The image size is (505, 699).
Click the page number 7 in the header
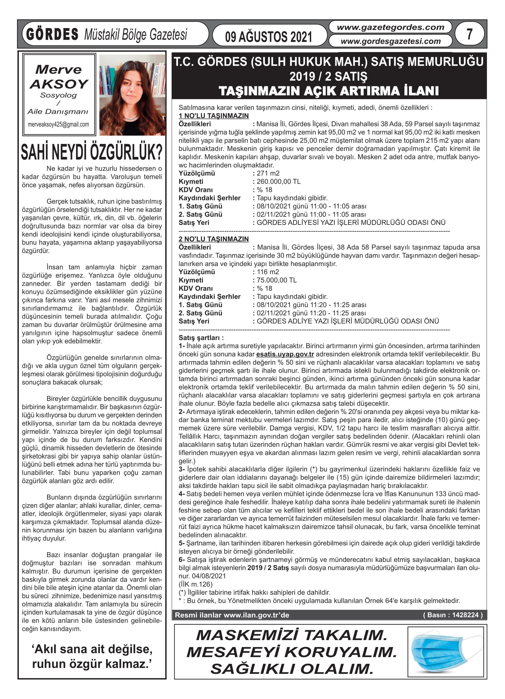[x=469, y=34]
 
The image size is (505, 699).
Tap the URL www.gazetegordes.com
[x=390, y=27]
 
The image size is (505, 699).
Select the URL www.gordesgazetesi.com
[x=390, y=41]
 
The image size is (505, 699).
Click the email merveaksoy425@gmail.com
[x=58, y=125]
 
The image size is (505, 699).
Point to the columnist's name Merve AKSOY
[x=59, y=77]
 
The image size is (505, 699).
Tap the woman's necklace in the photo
[x=131, y=118]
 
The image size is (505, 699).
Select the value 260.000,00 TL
[x=278, y=181]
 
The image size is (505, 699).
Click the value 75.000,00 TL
[x=277, y=280]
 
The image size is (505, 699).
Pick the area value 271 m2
[x=268, y=173]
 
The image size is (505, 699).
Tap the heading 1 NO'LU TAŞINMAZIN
[x=214, y=116]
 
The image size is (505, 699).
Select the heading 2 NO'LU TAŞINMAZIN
[x=214, y=239]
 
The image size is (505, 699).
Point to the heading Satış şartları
[x=201, y=338]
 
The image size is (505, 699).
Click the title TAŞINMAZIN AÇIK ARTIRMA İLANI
[x=329, y=91]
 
